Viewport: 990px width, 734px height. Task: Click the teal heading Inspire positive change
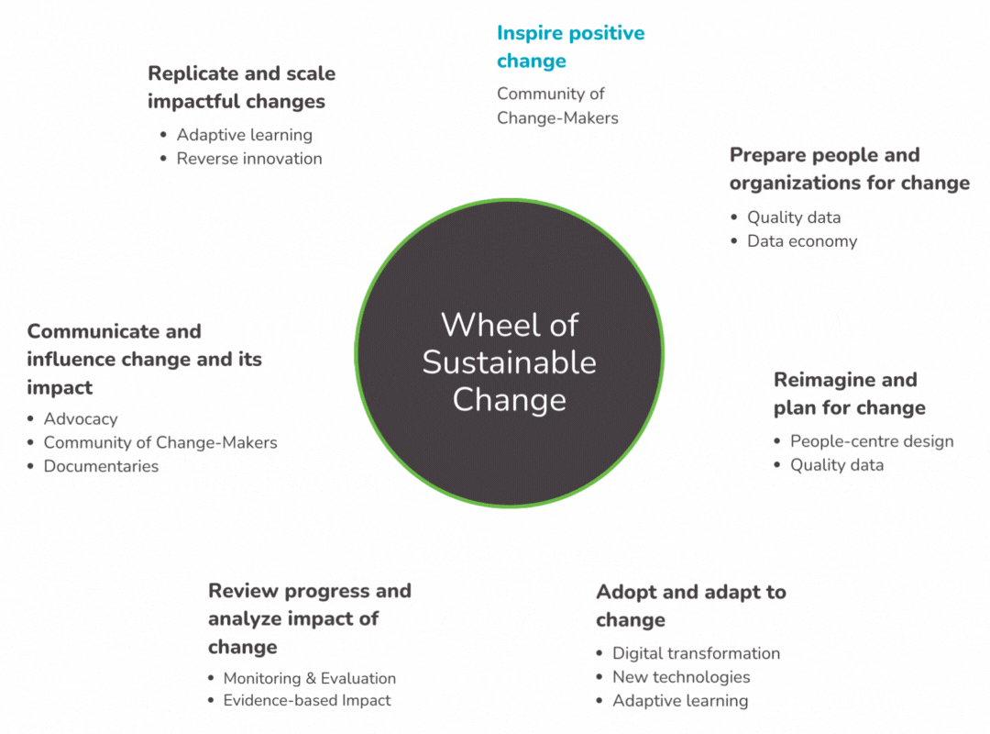[571, 47]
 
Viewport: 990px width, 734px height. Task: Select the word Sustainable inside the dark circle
[510, 362]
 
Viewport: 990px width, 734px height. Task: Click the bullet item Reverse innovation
[249, 159]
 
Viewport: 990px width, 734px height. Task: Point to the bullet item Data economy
[802, 241]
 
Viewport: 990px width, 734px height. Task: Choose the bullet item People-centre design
[872, 441]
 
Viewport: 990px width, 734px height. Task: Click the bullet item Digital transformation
[697, 653]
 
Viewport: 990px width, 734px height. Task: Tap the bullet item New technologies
[681, 677]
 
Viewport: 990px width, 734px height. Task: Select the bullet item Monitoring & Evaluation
[310, 678]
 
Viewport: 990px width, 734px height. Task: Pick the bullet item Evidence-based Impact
[307, 700]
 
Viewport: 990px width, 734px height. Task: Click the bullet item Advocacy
[81, 419]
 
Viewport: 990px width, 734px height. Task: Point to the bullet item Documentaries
[101, 467]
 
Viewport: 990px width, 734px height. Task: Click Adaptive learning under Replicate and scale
[245, 135]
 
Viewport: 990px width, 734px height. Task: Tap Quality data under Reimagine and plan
[837, 465]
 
